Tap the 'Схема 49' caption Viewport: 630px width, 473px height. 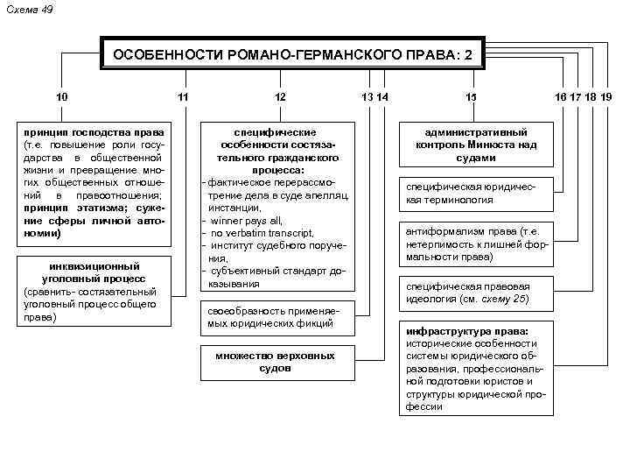[29, 9]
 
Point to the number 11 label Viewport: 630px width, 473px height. [182, 96]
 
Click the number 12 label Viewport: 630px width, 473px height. [279, 96]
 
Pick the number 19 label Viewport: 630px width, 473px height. [605, 96]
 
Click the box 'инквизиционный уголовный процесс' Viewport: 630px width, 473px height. [95, 291]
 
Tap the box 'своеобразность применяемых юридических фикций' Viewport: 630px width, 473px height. [279, 317]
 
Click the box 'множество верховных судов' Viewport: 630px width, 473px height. [279, 361]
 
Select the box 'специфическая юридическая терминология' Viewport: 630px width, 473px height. [476, 194]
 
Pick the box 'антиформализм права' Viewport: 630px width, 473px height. [476, 244]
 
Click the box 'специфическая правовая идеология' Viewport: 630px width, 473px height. [476, 293]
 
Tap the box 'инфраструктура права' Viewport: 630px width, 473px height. [476, 368]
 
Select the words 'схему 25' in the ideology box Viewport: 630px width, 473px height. [507, 300]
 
